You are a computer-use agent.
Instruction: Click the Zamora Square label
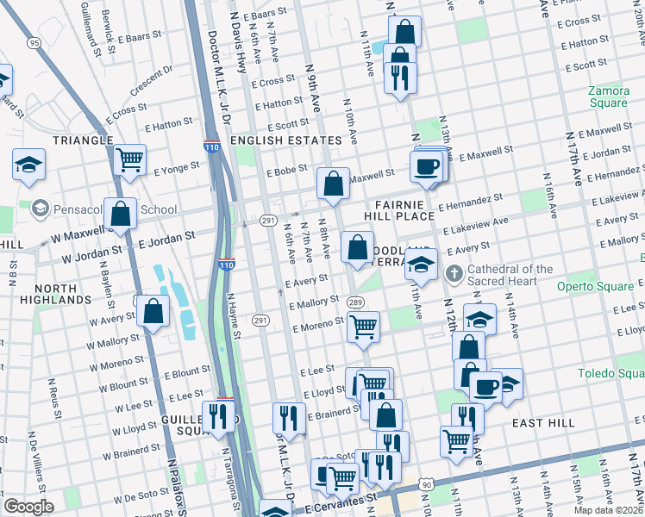(608, 97)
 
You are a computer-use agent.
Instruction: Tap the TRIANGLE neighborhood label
(83, 140)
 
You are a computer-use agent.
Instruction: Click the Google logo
(28, 507)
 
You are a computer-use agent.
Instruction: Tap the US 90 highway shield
(425, 487)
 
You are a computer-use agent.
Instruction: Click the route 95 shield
(34, 42)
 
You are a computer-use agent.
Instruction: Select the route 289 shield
(354, 302)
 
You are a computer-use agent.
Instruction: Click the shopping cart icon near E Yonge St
(129, 159)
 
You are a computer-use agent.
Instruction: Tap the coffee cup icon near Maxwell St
(426, 166)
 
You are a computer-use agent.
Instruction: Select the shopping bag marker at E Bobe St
(333, 183)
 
